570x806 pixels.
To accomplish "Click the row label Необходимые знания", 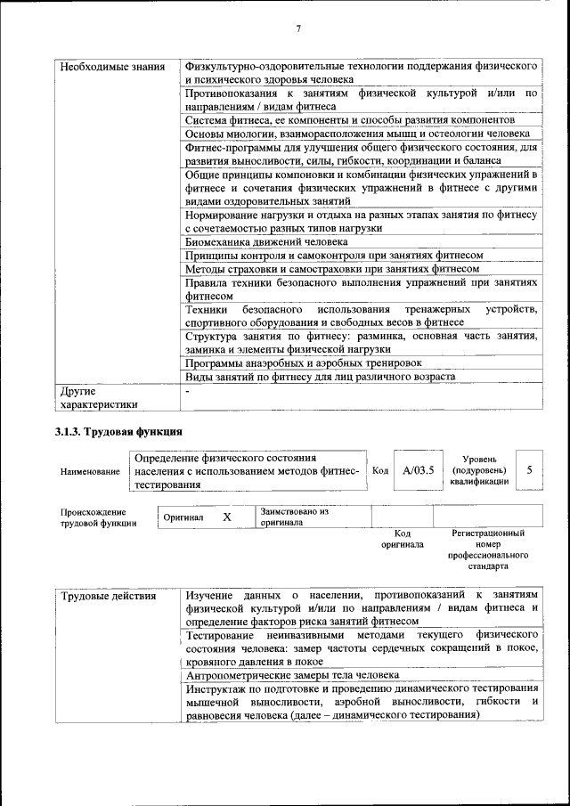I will click(111, 67).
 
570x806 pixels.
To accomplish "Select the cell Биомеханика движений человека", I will click(266, 241).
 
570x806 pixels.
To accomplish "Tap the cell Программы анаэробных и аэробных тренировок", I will click(303, 362).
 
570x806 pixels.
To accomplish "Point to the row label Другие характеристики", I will click(98, 396).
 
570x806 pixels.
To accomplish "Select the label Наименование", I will click(90, 471).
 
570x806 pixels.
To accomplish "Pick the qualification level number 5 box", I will click(529, 469).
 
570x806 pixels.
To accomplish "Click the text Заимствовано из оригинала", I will click(295, 517).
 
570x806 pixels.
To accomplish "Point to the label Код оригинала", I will click(402, 538).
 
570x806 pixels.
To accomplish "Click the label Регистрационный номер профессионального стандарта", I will click(488, 549).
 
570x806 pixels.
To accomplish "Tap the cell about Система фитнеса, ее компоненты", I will click(350, 119).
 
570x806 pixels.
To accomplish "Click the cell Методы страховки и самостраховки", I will click(333, 268).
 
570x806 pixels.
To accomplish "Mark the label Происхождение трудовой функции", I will click(98, 517).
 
